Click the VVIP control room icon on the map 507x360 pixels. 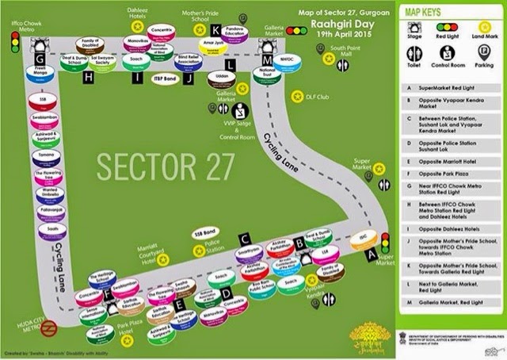pos(239,111)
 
